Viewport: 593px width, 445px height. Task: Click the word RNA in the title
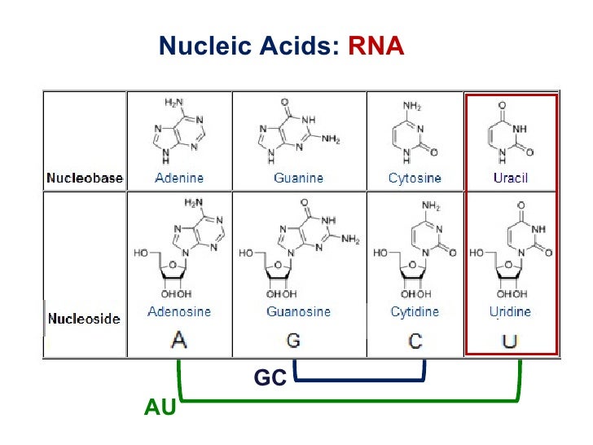[x=376, y=46]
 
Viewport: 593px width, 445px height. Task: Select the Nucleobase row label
[x=84, y=177]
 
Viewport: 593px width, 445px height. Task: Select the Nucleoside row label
[x=84, y=319]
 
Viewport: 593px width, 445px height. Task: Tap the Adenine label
[x=179, y=178]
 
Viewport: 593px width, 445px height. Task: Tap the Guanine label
[x=298, y=178]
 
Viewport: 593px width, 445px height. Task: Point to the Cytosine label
[x=415, y=178]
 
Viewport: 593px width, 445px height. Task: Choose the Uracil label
[x=510, y=178]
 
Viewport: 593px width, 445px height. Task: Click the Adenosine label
[x=179, y=311]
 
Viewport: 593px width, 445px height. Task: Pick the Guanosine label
[x=298, y=311]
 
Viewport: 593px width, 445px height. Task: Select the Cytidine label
[x=415, y=311]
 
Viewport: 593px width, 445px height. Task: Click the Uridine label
[x=510, y=311]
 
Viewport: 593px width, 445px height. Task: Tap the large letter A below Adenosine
[x=178, y=339]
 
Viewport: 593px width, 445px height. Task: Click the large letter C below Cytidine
[x=415, y=339]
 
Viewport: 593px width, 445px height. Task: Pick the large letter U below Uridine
[x=510, y=339]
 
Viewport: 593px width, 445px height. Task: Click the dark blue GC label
[x=270, y=378]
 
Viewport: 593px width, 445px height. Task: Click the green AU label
[x=160, y=407]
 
